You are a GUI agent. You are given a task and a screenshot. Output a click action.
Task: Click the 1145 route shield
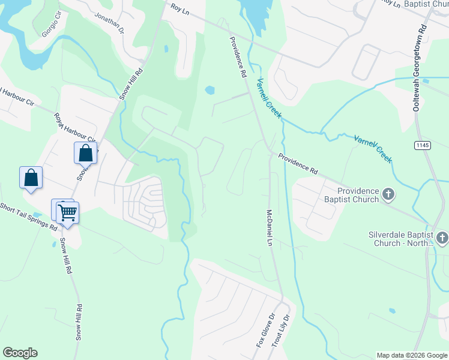pos(422,145)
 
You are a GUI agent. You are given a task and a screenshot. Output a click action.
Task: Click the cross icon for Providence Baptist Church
pos(388,194)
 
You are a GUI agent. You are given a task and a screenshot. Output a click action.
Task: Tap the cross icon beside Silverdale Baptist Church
pos(442,238)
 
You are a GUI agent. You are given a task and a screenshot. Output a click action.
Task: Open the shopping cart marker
pos(67,212)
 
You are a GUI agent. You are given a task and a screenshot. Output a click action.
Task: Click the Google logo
pos(20,353)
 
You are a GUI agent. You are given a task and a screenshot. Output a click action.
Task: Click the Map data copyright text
pos(412,355)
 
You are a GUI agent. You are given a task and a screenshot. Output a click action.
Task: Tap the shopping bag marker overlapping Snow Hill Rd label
pos(85,153)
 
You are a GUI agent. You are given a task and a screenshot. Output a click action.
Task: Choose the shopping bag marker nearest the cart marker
pos(31,178)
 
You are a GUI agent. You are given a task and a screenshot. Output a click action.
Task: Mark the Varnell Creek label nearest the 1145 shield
pos(372,148)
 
